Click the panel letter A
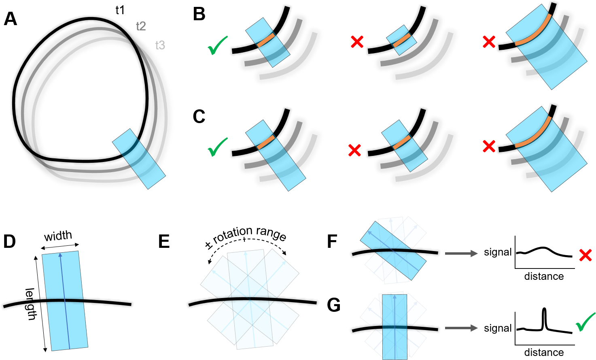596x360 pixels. click(x=11, y=19)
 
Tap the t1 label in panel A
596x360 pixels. click(x=120, y=10)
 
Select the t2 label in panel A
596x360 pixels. click(x=141, y=26)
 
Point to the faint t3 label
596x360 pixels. click(x=160, y=45)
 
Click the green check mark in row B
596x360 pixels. click(x=218, y=45)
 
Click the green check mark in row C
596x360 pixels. click(x=218, y=147)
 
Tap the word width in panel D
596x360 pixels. click(x=58, y=236)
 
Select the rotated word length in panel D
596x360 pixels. click(x=30, y=304)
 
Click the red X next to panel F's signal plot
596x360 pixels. click(x=585, y=256)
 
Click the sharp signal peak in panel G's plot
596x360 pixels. click(x=544, y=309)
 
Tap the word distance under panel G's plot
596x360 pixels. click(x=544, y=353)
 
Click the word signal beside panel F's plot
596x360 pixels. click(x=498, y=252)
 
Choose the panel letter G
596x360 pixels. click(x=334, y=305)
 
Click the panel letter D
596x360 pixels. click(x=10, y=241)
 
